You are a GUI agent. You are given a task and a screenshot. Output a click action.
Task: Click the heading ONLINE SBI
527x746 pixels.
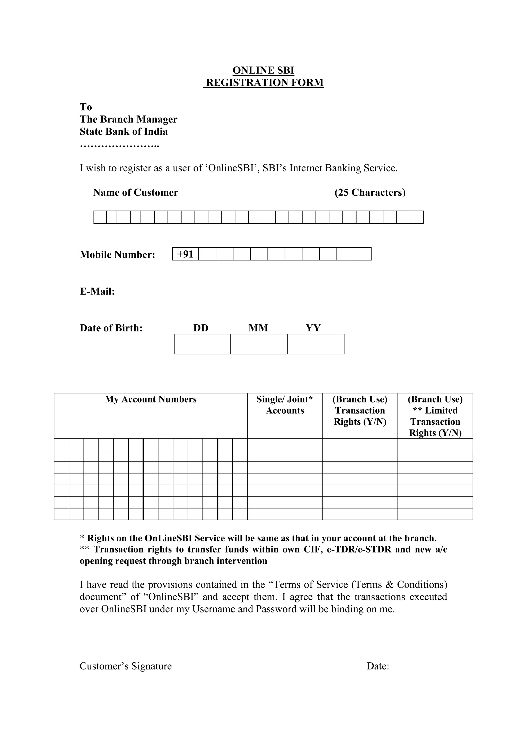click(x=263, y=71)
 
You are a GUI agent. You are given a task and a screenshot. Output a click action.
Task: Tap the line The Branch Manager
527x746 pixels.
click(x=128, y=119)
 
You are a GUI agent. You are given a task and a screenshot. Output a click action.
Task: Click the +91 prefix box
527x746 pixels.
click(x=185, y=254)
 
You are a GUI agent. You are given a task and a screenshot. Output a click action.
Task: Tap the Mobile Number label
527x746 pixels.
click(x=118, y=254)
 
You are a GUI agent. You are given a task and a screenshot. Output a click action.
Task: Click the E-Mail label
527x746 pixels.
click(x=97, y=291)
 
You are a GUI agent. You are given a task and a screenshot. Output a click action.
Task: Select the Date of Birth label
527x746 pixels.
click(x=111, y=328)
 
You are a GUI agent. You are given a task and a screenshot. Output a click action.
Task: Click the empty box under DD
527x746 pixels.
click(x=202, y=344)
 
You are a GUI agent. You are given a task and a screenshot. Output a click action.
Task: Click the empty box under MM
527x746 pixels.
click(x=259, y=344)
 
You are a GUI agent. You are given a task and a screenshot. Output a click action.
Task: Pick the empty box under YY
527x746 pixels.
click(x=315, y=344)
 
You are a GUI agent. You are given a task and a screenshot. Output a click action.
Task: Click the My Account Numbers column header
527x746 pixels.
click(x=151, y=399)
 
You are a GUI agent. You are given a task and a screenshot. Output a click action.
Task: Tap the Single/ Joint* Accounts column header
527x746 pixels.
click(x=285, y=405)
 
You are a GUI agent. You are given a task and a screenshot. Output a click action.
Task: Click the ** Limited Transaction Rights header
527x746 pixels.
click(x=435, y=416)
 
